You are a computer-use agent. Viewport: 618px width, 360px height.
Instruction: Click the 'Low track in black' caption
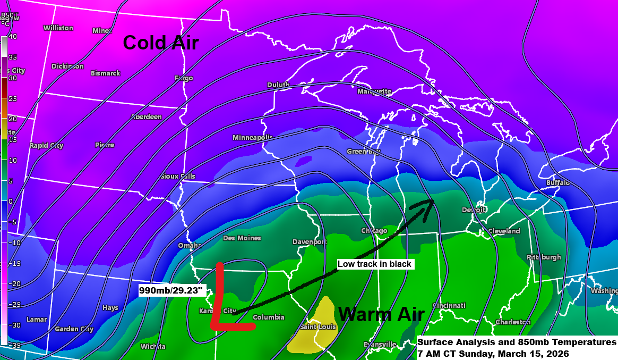pyautogui.click(x=375, y=264)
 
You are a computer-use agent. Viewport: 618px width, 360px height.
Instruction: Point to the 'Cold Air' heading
pyautogui.click(x=161, y=42)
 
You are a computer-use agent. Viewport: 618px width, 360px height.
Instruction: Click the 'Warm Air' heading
pyautogui.click(x=381, y=314)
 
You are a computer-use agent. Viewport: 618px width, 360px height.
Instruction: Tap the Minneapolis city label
pyautogui.click(x=252, y=138)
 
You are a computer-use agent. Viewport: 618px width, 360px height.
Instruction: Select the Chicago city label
pyautogui.click(x=374, y=231)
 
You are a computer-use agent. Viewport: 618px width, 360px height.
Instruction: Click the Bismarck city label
pyautogui.click(x=105, y=73)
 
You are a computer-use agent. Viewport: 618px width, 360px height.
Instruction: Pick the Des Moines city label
pyautogui.click(x=242, y=238)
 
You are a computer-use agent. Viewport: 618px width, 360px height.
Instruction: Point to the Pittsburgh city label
pyautogui.click(x=544, y=257)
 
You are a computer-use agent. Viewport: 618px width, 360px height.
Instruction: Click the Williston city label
pyautogui.click(x=58, y=28)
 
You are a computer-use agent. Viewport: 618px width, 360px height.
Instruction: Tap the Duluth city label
pyautogui.click(x=278, y=85)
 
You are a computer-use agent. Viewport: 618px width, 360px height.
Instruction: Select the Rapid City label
pyautogui.click(x=46, y=146)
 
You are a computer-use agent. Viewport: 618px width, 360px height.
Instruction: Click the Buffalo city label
pyautogui.click(x=557, y=183)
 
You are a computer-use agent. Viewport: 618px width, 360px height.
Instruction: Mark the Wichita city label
pyautogui.click(x=153, y=347)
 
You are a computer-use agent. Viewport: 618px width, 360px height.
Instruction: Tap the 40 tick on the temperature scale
pyautogui.click(x=13, y=37)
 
